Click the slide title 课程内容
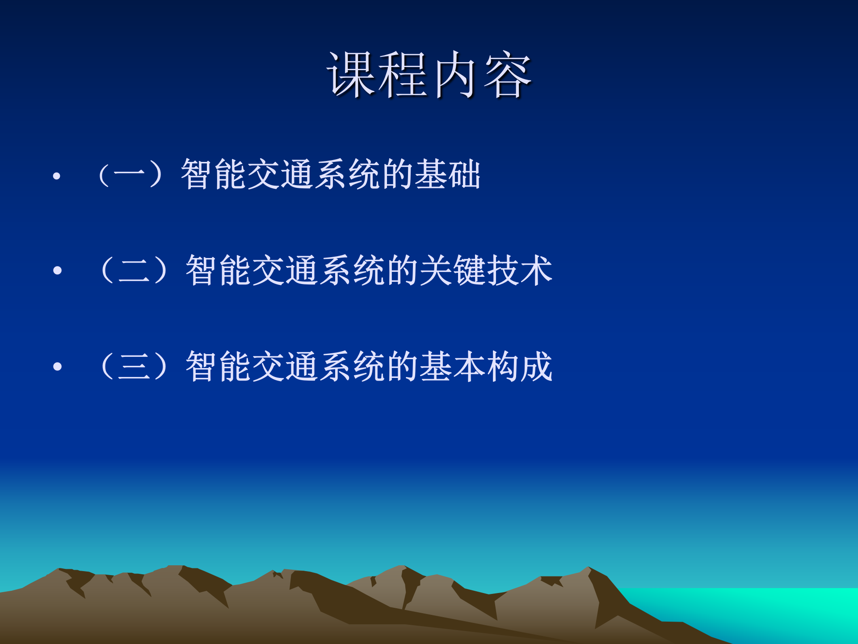coord(429,75)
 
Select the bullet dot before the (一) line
coord(56,176)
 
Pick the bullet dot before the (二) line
coord(57,270)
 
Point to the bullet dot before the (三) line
coord(57,367)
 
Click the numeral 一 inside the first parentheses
coord(130,174)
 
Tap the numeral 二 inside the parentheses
coord(134,270)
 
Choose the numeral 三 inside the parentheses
coord(134,367)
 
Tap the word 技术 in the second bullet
coord(520,270)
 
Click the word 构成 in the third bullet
coord(520,367)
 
